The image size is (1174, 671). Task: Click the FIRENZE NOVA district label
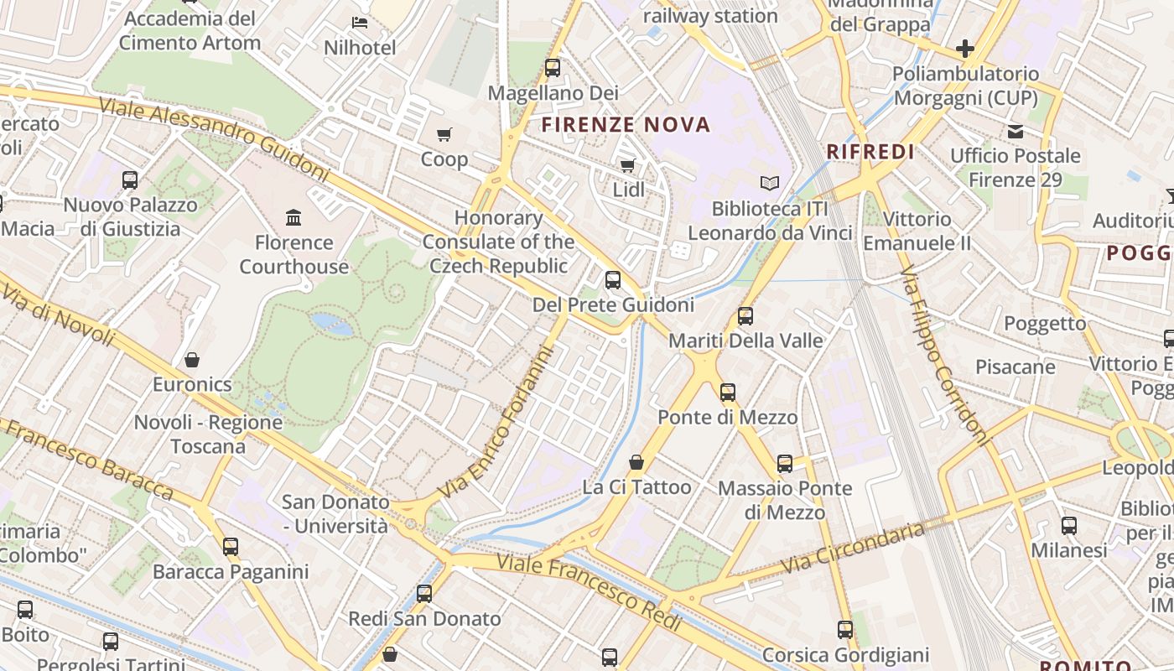click(x=626, y=125)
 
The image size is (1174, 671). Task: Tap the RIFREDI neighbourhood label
click(x=870, y=152)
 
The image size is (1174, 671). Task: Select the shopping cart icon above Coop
click(x=444, y=134)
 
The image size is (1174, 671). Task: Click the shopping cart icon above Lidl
click(x=627, y=165)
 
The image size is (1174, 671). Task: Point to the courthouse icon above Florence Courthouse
click(x=293, y=218)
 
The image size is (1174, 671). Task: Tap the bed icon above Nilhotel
click(x=360, y=23)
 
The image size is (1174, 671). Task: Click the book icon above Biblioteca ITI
click(x=769, y=183)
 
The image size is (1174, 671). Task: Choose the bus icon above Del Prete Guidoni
click(x=613, y=280)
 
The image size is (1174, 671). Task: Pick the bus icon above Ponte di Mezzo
click(x=727, y=393)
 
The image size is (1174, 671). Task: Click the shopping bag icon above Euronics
click(x=192, y=360)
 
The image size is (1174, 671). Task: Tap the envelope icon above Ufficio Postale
click(x=1016, y=131)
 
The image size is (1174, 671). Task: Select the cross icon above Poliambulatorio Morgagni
click(x=965, y=49)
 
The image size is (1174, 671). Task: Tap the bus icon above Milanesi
click(x=1068, y=526)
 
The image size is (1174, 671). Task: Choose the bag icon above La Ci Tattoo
click(x=636, y=462)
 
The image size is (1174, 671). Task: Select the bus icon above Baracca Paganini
click(x=231, y=547)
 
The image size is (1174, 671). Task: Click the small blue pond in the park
click(x=332, y=324)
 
